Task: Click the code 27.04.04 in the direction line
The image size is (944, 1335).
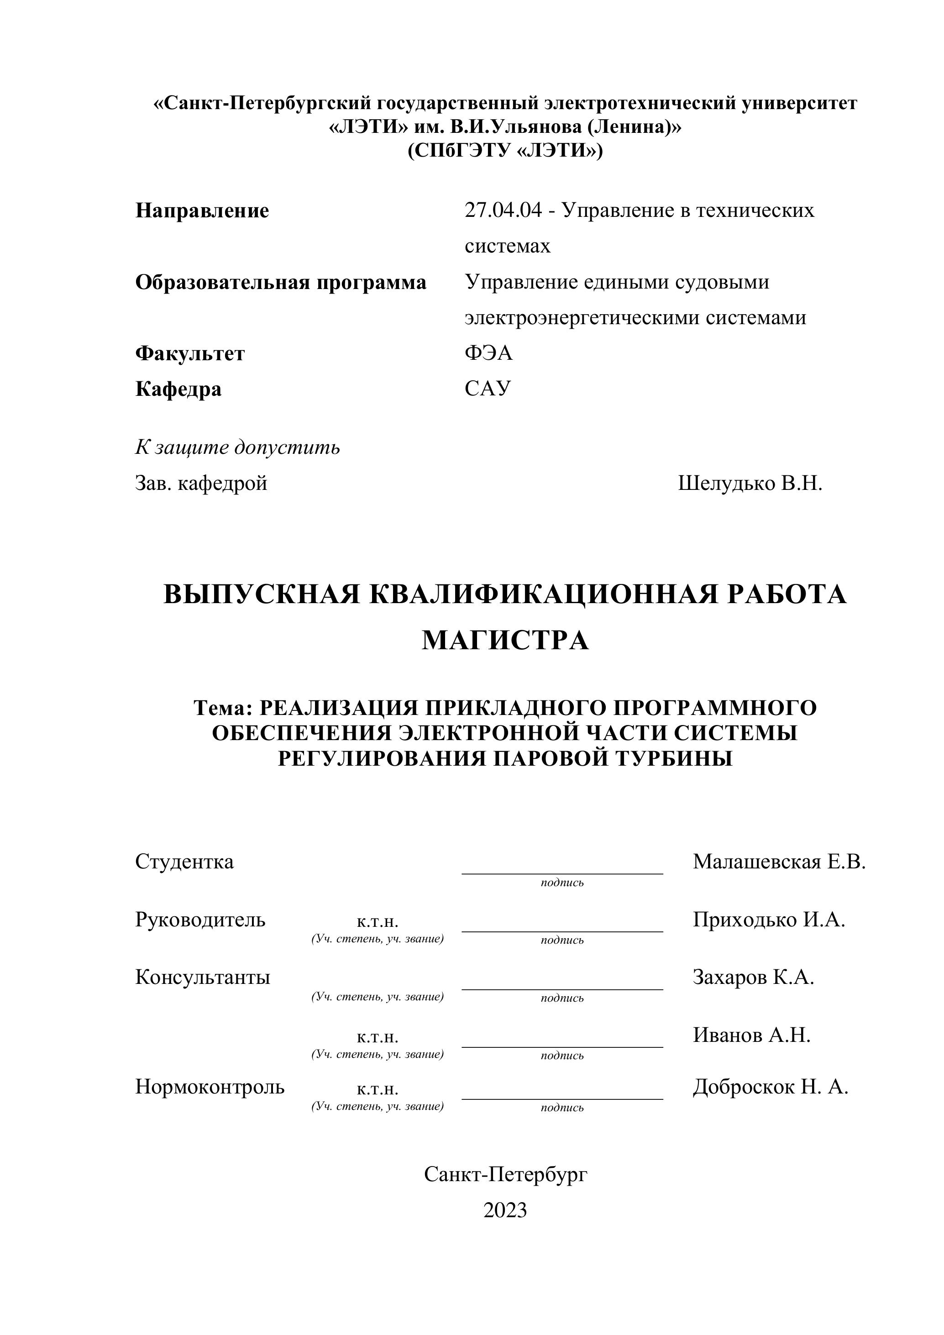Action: [503, 210]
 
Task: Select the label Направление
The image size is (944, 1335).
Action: [202, 211]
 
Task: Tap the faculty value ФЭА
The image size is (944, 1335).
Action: [488, 353]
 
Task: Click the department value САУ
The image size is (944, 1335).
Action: [488, 389]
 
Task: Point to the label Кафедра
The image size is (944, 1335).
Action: [178, 389]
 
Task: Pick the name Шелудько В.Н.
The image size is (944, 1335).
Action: [750, 483]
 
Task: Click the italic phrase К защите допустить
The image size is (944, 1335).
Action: [238, 448]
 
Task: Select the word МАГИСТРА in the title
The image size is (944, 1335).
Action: [505, 641]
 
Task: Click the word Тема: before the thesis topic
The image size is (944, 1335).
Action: [223, 708]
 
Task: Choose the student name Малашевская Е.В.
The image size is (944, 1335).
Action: [779, 862]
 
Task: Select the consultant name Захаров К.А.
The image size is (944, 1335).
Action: [753, 978]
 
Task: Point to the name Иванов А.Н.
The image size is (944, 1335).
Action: [751, 1035]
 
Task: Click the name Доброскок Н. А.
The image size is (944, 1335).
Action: [770, 1087]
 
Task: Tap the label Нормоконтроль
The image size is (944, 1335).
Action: [210, 1087]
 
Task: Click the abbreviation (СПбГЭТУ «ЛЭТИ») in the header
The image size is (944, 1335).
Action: [505, 151]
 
